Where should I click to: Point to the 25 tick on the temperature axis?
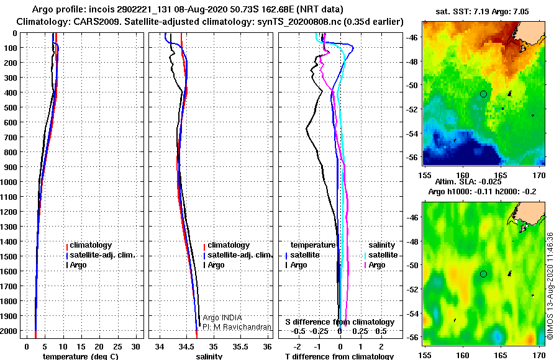click(117, 347)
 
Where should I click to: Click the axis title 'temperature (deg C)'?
click(81, 356)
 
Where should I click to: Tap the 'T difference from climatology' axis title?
click(339, 356)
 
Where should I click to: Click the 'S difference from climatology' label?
click(340, 322)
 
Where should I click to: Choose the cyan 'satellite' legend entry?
click(381, 255)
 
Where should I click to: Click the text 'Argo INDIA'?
click(222, 318)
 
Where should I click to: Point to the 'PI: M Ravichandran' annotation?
click(237, 327)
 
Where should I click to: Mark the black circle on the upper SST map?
click(483, 94)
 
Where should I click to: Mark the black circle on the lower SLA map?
click(483, 274)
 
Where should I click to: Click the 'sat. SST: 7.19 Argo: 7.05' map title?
click(483, 12)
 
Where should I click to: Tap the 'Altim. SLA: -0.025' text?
click(468, 182)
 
